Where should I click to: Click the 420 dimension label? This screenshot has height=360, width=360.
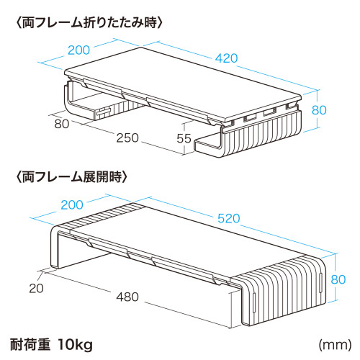click(226, 58)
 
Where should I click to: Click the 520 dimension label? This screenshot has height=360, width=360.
click(228, 218)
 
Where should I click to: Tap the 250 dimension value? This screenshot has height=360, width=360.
click(127, 138)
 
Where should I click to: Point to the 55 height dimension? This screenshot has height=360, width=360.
click(184, 138)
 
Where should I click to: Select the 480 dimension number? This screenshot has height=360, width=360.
click(127, 297)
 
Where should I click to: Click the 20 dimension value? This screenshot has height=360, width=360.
click(36, 288)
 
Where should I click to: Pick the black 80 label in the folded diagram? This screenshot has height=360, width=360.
click(62, 124)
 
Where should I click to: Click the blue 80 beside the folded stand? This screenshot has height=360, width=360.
click(319, 110)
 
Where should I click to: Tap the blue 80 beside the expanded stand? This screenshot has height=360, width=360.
click(338, 279)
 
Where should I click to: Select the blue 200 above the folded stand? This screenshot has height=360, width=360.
click(78, 50)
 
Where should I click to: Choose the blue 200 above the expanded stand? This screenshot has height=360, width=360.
click(72, 205)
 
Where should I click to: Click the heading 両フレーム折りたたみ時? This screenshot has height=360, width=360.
click(89, 24)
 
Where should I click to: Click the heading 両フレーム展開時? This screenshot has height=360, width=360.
click(71, 177)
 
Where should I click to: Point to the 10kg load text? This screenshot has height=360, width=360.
click(75, 345)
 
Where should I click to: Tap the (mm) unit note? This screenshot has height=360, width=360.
click(335, 345)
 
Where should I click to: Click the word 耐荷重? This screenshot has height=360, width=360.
click(30, 345)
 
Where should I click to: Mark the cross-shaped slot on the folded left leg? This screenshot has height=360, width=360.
click(104, 112)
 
